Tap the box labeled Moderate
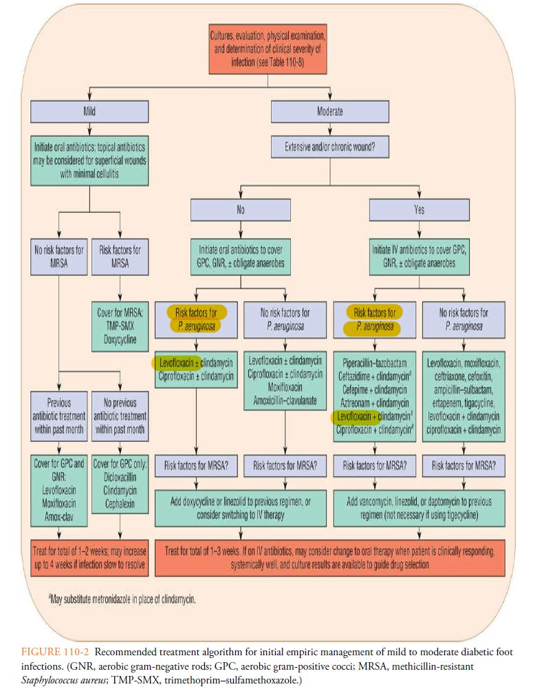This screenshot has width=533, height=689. [329, 112]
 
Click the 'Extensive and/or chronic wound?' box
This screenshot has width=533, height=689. [329, 145]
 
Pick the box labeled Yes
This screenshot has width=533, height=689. [419, 210]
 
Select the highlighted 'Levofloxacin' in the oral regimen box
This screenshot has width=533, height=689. [174, 362]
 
